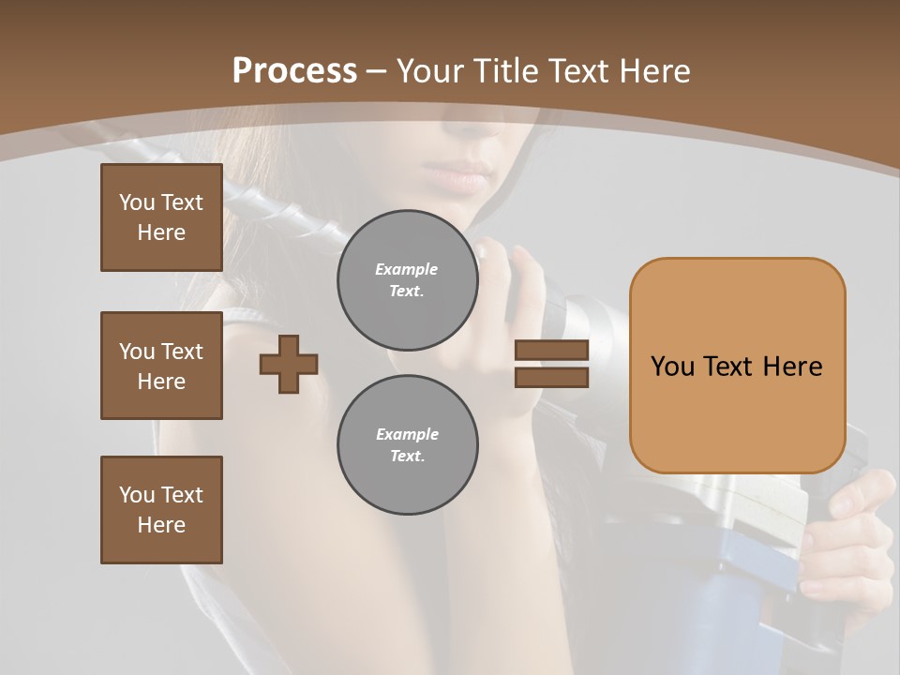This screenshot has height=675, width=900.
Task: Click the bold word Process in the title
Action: pos(294,70)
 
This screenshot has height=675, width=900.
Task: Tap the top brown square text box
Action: pos(161,217)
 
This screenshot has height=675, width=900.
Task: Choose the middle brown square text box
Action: pos(161,366)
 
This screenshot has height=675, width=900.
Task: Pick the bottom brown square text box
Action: pos(161,509)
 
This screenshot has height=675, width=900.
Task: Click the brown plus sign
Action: pos(289,364)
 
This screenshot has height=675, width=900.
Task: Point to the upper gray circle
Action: pos(407,280)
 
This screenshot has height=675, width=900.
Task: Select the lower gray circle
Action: pos(407,444)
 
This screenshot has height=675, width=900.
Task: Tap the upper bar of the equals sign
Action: pos(551,350)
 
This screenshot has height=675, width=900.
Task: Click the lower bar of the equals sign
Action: pos(551,377)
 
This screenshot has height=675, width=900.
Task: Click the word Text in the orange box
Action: pos(731,367)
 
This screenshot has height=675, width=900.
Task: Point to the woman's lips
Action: pos(459,176)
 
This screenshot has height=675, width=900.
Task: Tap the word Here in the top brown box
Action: pos(161,232)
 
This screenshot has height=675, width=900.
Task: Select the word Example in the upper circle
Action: pos(407,269)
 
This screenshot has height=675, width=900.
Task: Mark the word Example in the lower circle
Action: pos(407,434)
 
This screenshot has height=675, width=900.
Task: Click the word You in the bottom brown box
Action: pos(137,495)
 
